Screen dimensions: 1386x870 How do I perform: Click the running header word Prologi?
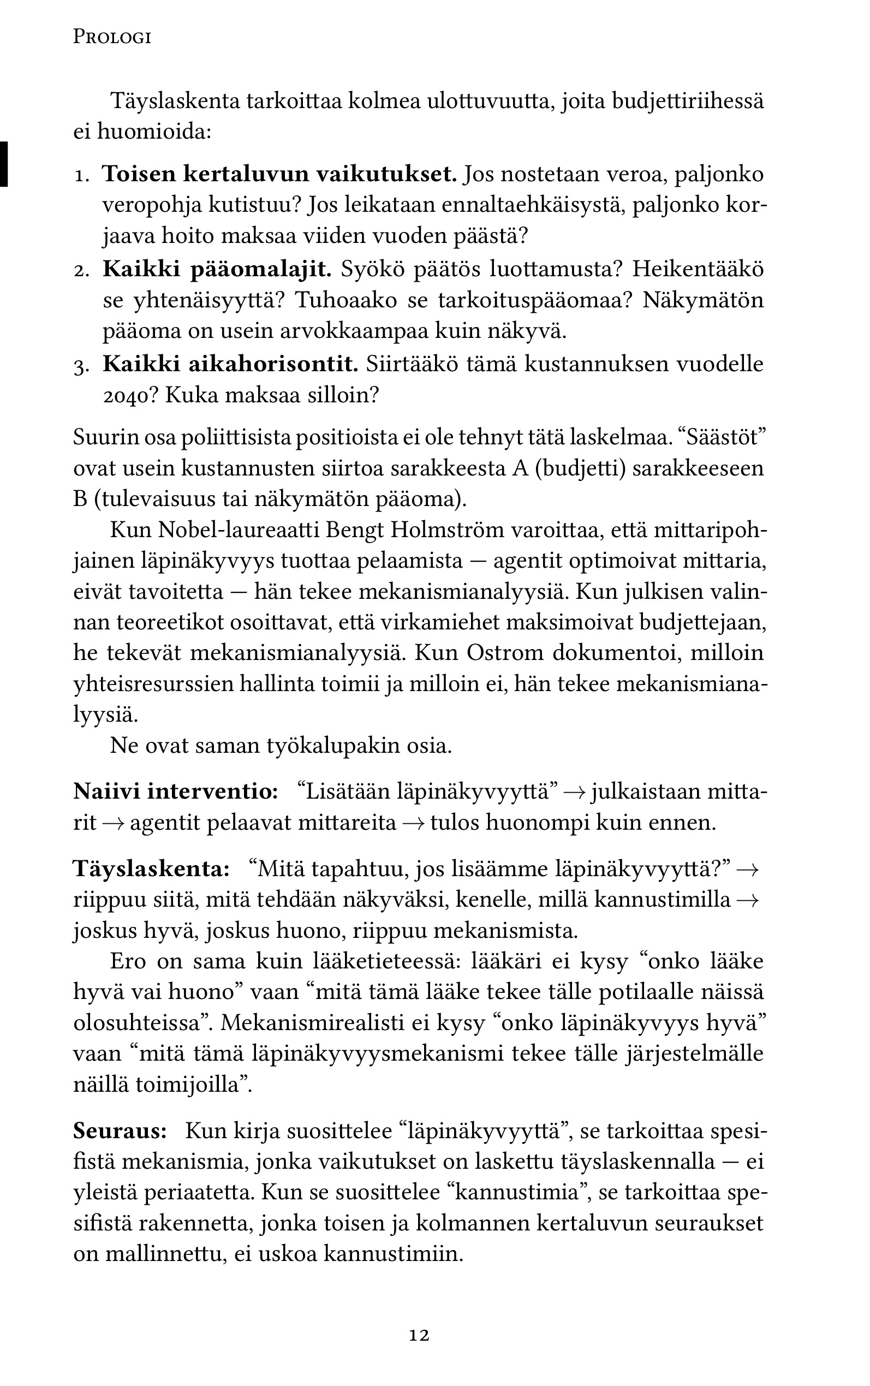[x=112, y=38]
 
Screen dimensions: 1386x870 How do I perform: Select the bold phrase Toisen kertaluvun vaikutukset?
[x=279, y=174]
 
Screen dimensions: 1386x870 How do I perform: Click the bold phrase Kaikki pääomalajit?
[x=217, y=269]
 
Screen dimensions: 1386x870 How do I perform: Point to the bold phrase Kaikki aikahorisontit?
[x=230, y=364]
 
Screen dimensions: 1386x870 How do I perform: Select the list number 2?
[x=82, y=270]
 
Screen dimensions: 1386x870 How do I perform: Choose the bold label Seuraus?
[x=120, y=1131]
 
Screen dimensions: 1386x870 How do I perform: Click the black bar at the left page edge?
[x=4, y=163]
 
